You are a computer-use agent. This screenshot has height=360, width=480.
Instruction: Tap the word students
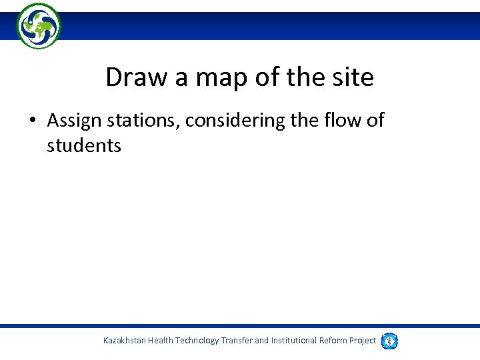(84, 145)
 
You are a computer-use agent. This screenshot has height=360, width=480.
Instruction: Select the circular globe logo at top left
(39, 25)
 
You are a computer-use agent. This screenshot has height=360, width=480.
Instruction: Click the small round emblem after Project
(389, 341)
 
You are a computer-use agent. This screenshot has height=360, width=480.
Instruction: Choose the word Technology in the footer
(197, 341)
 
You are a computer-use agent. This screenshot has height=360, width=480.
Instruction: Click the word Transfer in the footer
(237, 341)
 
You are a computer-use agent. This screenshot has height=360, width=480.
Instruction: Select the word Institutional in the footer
(295, 341)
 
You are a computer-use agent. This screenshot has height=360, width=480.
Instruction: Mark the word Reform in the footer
(333, 341)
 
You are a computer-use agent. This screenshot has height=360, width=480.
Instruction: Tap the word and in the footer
(262, 341)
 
